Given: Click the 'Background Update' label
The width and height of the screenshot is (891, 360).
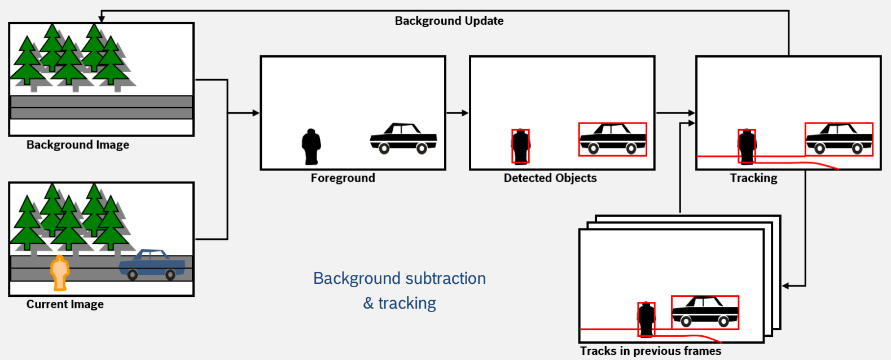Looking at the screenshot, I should point(449,21).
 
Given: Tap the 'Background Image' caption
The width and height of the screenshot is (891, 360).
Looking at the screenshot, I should point(78,145).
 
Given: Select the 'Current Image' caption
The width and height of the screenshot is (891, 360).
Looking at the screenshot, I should point(65,304).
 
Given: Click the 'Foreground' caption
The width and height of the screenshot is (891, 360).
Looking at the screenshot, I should point(343,178).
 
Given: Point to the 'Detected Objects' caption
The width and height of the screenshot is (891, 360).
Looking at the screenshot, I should point(550,178).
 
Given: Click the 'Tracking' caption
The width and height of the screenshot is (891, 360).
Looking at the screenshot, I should point(753,178).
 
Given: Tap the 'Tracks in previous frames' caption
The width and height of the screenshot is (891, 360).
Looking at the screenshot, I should point(651,351).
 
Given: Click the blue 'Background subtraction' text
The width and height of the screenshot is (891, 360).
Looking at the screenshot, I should point(400,279).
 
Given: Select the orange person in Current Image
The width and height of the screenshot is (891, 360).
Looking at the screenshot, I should point(59,273).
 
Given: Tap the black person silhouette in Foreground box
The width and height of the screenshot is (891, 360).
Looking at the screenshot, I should point(311,146).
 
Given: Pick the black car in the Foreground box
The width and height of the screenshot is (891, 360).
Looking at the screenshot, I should point(403,138).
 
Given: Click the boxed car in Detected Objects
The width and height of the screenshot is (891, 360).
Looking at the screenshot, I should point(613,139).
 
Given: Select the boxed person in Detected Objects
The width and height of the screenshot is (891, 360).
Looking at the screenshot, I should point(520,146).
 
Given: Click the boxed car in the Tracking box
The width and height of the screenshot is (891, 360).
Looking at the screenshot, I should point(839,139).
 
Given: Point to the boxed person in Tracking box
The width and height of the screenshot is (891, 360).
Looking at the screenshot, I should point(747,146).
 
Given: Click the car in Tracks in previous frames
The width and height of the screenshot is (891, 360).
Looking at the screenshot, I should point(705,312).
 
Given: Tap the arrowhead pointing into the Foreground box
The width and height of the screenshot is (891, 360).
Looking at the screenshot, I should point(256,113).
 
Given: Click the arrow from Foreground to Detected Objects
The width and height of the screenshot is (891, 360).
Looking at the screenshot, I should point(457,113).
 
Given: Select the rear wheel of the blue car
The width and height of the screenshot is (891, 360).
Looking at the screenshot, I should point(170,275).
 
